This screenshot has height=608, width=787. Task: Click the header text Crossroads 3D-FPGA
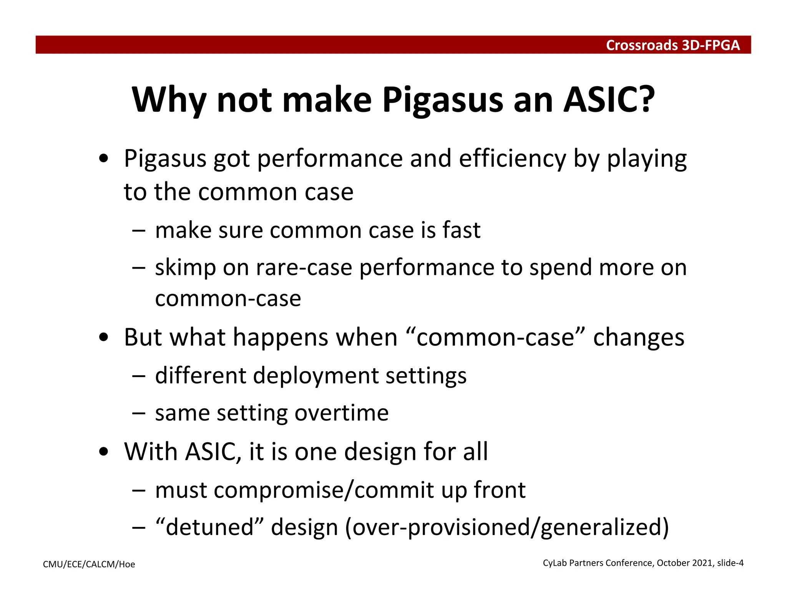(x=672, y=45)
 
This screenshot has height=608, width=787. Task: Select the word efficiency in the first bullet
(x=512, y=158)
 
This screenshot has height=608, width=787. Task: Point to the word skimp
(x=185, y=268)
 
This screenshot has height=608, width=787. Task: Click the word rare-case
(x=304, y=268)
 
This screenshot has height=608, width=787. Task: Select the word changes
(x=639, y=337)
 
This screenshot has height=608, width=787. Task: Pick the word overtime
(x=342, y=413)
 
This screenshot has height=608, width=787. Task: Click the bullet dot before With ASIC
(x=103, y=452)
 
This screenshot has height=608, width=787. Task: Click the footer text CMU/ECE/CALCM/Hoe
(x=89, y=564)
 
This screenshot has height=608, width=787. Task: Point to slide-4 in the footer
(x=730, y=563)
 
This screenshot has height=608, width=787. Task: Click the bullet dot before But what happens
(x=103, y=338)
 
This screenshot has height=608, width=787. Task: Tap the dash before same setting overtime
(x=138, y=414)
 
